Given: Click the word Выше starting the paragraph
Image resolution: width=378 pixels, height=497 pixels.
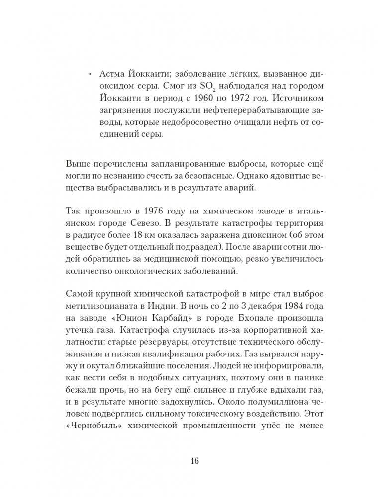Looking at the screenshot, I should (77, 165).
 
